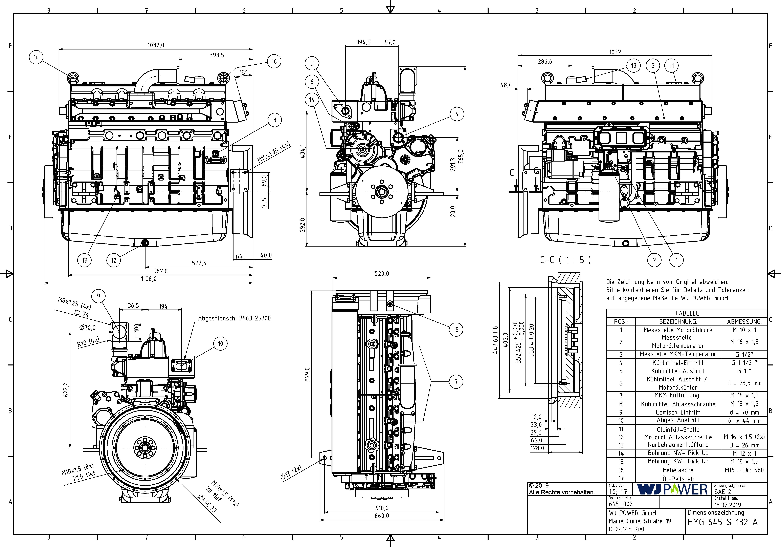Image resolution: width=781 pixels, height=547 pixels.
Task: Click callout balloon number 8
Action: [274, 120]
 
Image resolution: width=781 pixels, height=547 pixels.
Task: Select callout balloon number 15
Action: [456, 329]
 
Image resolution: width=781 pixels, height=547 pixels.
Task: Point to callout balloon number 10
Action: [220, 344]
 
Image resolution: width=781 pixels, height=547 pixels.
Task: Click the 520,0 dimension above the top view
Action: [382, 273]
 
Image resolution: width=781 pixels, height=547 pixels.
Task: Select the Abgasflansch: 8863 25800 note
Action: [234, 318]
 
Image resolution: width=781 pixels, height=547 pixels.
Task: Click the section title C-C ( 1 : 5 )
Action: [565, 260]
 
